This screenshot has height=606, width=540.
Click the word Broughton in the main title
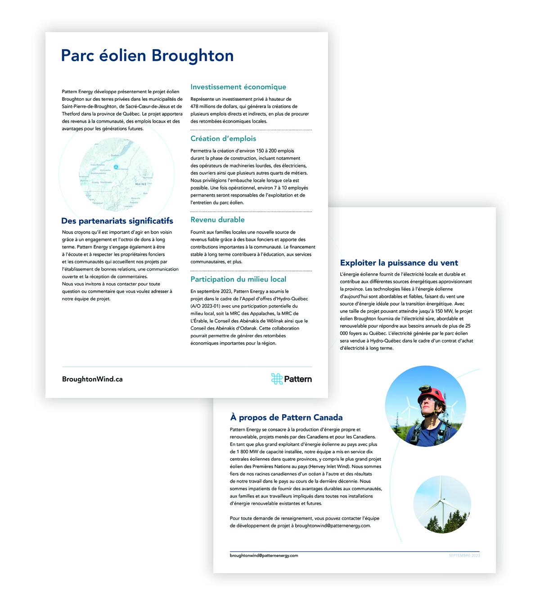(x=192, y=56)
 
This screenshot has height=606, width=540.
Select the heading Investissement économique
(x=238, y=87)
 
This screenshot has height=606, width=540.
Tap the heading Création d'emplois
(x=223, y=139)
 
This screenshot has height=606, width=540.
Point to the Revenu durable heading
(x=217, y=220)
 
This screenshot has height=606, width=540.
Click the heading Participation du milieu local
(x=238, y=279)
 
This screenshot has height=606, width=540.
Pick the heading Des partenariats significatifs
(x=117, y=221)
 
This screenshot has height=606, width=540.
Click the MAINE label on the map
(x=141, y=184)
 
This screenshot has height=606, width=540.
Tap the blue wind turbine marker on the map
(x=116, y=167)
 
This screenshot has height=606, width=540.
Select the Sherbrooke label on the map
(x=107, y=182)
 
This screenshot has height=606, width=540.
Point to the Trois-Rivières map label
(x=98, y=165)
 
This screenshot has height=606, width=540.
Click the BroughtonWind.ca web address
(x=92, y=379)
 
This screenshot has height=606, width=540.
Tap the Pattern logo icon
(x=276, y=379)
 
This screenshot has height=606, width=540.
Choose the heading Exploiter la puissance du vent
(x=399, y=263)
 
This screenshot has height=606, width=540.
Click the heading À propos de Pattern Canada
(x=286, y=417)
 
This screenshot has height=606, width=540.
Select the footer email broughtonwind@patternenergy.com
(x=264, y=556)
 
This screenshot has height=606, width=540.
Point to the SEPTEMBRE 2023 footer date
(x=464, y=556)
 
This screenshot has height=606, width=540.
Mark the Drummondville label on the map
(x=98, y=173)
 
